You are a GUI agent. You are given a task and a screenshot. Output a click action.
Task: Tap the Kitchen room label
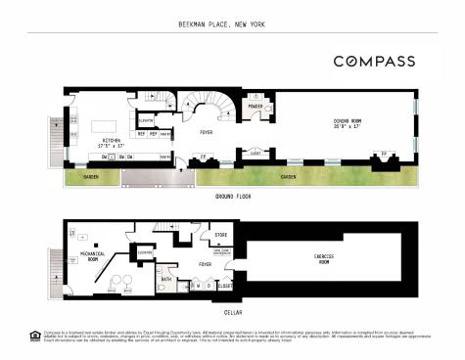(113, 143)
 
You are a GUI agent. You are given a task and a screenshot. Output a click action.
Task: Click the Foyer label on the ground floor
(207, 132)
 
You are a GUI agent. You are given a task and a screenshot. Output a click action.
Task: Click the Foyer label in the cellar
(205, 264)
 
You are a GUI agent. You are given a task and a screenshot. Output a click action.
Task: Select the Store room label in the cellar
(220, 236)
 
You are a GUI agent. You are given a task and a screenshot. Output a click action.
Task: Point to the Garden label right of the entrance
(289, 177)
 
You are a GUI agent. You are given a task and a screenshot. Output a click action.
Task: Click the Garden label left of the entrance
(91, 177)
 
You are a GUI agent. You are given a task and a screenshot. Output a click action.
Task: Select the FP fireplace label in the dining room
(384, 154)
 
